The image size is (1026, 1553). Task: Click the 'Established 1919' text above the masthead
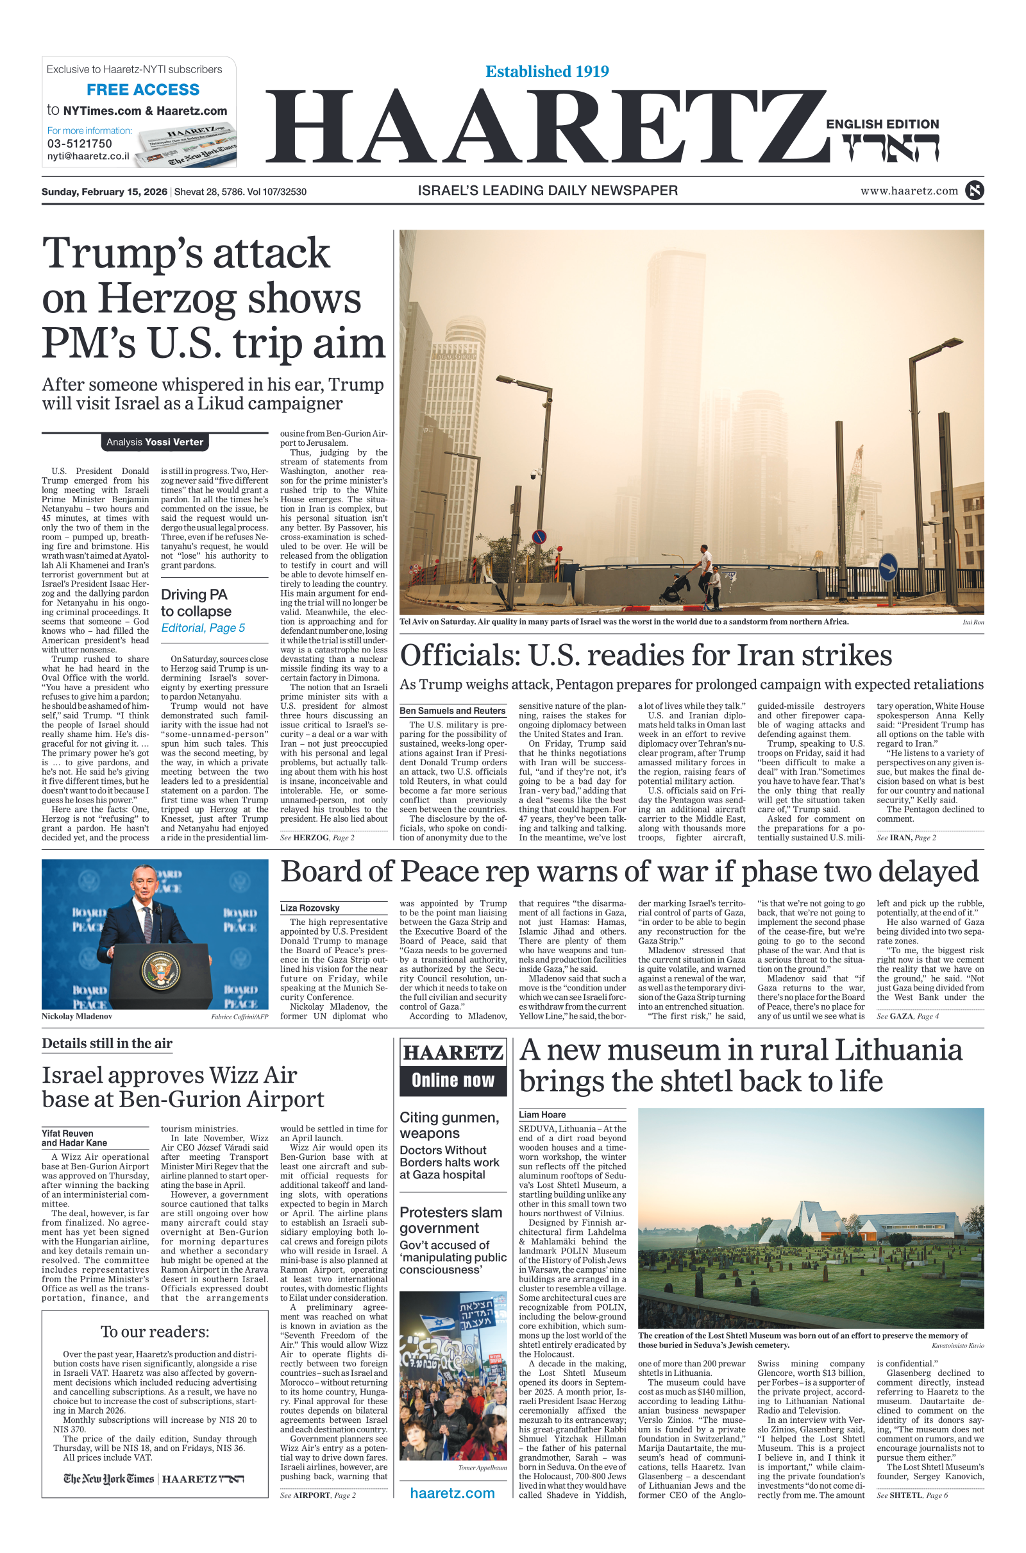(x=547, y=71)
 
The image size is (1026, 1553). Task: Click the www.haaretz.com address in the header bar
(x=909, y=191)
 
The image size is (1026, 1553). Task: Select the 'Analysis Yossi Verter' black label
(x=155, y=443)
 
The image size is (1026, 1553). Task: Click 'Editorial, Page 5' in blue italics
(x=203, y=628)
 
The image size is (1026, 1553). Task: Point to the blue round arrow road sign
(x=887, y=567)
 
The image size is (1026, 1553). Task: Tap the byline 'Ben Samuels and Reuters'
(x=452, y=711)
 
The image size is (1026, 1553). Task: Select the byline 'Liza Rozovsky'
(x=310, y=908)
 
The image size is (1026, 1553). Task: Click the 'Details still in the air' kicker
(x=107, y=1044)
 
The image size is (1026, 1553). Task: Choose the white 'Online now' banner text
(x=453, y=1080)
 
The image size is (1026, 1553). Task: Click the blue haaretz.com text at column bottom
(x=452, y=1493)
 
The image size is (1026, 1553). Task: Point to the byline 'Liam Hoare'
(x=542, y=1114)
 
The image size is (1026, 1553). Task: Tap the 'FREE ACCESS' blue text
(x=142, y=90)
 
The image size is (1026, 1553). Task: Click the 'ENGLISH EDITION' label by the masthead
(x=882, y=124)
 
